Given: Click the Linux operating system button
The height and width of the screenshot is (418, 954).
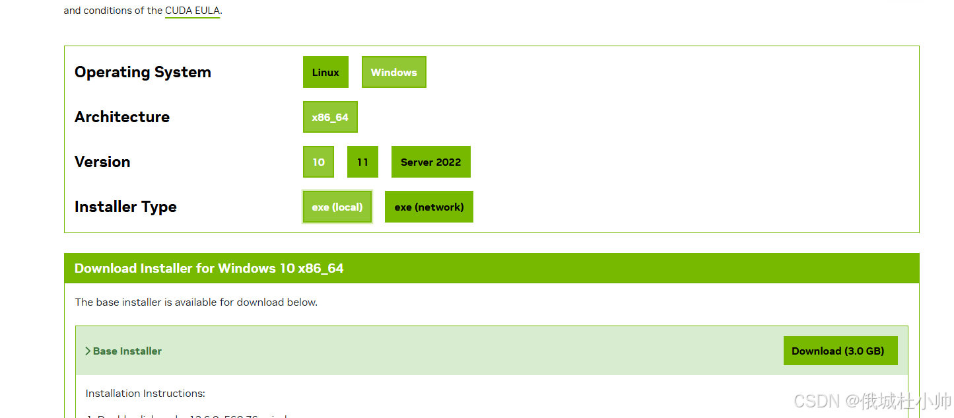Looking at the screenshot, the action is [325, 72].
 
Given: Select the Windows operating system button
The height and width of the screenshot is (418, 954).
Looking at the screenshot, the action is [393, 72].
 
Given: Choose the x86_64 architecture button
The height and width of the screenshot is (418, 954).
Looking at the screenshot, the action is [330, 117].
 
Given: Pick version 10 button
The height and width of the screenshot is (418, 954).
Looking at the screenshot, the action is [318, 162].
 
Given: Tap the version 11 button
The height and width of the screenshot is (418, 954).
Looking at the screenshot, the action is [362, 162].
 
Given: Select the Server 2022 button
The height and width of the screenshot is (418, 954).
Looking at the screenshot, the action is [430, 162].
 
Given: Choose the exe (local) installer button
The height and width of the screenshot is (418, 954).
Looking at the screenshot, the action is [337, 207].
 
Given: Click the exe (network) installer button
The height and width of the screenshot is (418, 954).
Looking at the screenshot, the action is [429, 207].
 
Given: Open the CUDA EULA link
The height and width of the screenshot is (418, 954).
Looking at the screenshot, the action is [192, 11].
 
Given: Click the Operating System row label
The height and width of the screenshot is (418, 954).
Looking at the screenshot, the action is [143, 72].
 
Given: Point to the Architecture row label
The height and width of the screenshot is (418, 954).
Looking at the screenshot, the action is [122, 117].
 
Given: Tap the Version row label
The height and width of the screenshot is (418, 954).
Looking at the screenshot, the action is [102, 162].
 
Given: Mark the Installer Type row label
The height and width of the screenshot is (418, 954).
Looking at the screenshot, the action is [125, 207].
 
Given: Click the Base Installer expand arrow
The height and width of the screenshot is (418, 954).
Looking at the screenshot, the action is [88, 351].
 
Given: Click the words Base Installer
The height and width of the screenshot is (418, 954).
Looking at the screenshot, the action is [127, 351].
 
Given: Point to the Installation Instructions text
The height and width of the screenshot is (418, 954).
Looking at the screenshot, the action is [145, 393].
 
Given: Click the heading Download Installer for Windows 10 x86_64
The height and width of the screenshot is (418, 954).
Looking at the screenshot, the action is [209, 268].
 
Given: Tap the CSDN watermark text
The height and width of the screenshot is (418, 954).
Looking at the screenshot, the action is [871, 400].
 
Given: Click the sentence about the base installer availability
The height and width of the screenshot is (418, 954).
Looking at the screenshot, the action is [196, 302].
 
